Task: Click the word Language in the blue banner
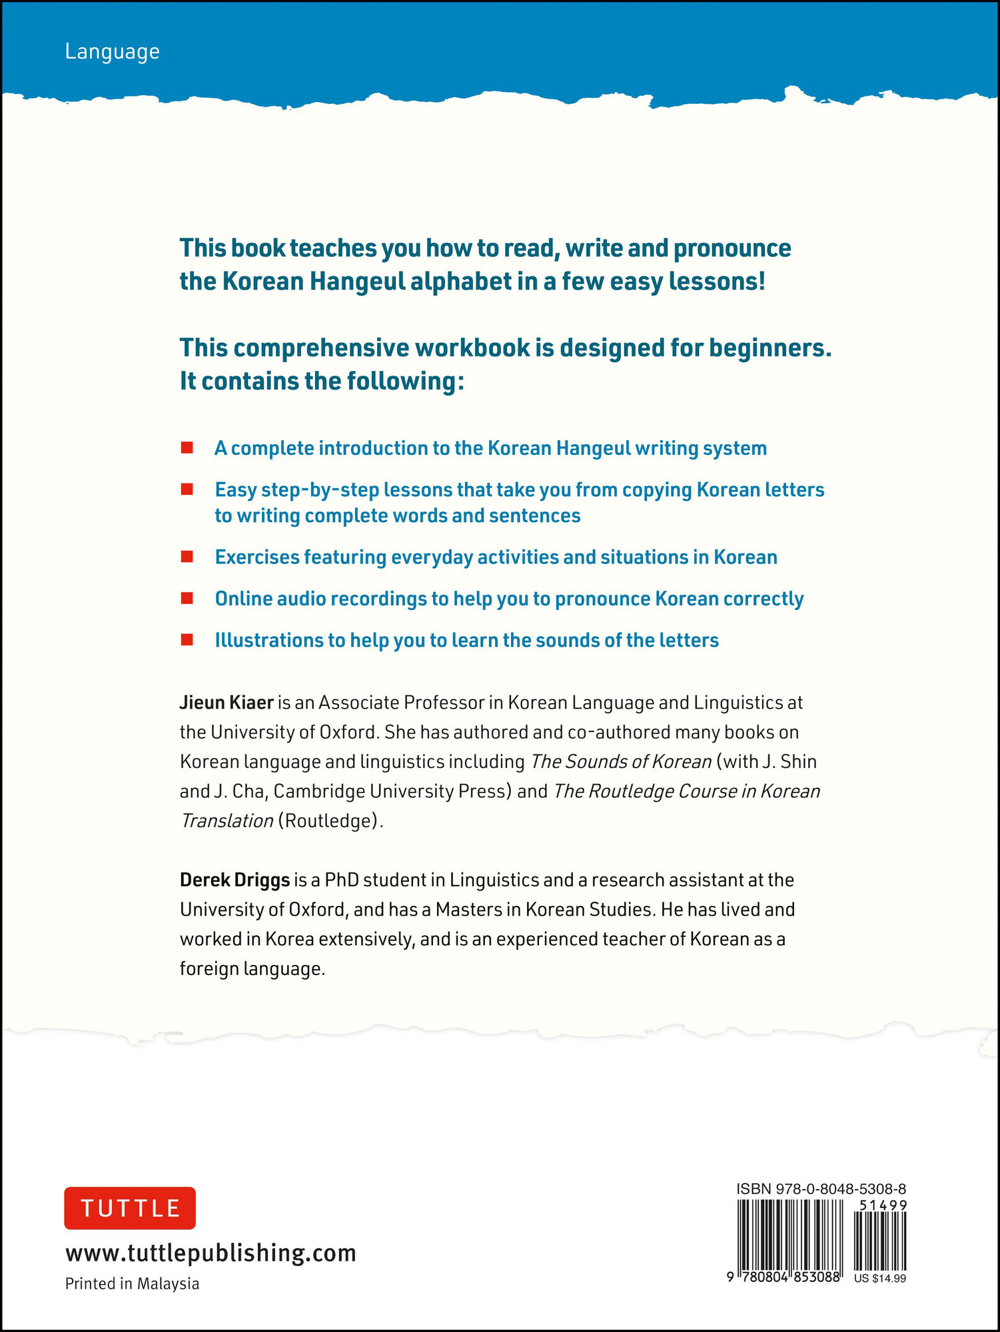coord(112,52)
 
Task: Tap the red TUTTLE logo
coord(130,1207)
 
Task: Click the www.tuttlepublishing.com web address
coord(211,1253)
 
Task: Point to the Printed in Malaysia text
coord(132,1283)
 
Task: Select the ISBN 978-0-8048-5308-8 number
coord(821,1189)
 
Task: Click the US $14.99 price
coord(879,1278)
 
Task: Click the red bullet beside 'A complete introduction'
coord(187,448)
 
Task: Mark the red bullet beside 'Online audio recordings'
coord(187,598)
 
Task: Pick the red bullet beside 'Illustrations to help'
coord(187,640)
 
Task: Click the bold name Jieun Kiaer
coord(227,703)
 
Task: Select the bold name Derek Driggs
coord(235,880)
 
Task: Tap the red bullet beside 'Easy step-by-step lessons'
coord(187,490)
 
